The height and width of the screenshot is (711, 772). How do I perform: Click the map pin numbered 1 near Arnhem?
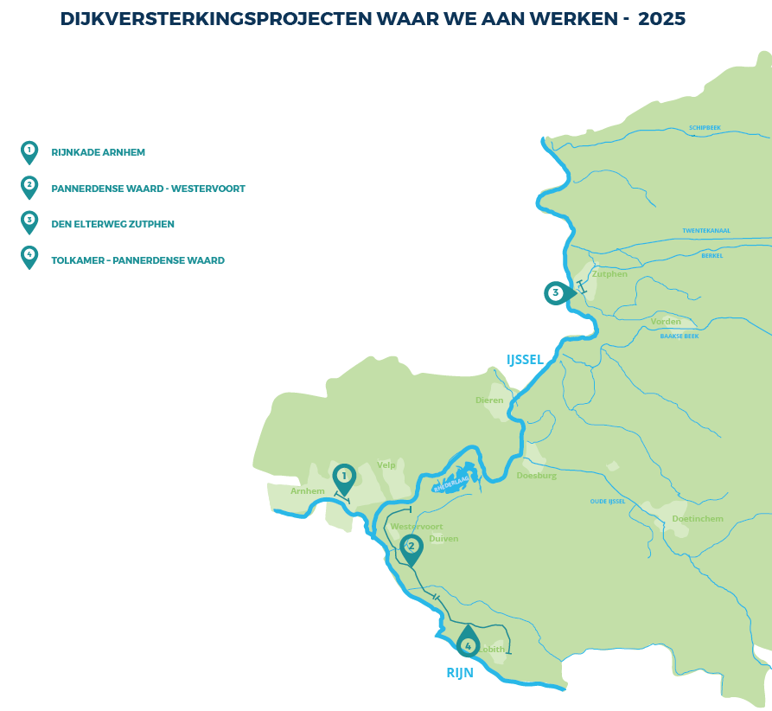(344, 477)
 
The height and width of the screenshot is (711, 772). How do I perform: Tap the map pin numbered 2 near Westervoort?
(412, 547)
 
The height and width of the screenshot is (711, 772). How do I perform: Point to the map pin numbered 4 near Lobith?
(468, 644)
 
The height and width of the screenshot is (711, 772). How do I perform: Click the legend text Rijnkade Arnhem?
(98, 152)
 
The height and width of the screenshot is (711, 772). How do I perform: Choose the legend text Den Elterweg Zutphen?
(112, 224)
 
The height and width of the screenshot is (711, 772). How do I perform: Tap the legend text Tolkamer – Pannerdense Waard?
(137, 260)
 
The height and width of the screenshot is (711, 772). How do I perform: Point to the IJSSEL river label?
(525, 359)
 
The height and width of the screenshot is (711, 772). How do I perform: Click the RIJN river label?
(460, 673)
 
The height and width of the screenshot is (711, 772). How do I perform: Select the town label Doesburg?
(536, 476)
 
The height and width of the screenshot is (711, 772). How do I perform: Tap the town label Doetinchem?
(697, 519)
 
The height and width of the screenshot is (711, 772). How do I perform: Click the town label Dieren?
(489, 400)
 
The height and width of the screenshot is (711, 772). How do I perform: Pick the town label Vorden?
(666, 322)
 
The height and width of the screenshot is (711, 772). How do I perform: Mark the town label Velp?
(386, 465)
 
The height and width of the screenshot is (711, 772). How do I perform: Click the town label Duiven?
(443, 538)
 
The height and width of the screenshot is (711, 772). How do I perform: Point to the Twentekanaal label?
(706, 231)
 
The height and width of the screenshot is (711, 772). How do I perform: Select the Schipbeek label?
(705, 127)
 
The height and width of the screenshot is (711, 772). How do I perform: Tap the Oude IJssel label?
(607, 501)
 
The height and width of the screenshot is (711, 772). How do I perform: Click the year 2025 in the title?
(661, 19)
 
